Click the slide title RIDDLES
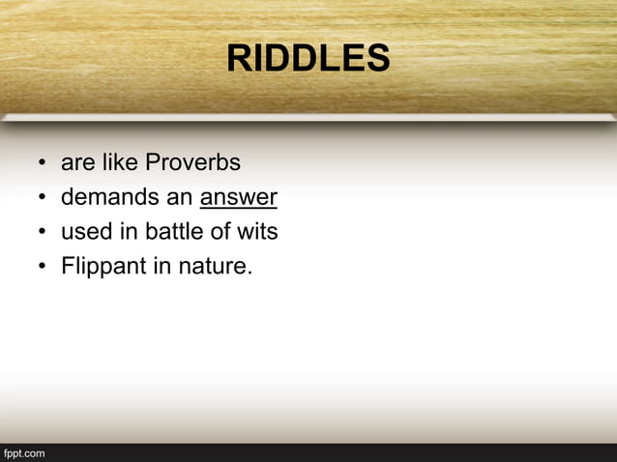[308, 60]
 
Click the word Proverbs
[192, 162]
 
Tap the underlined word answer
[239, 197]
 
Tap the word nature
[215, 267]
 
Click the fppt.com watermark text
[24, 452]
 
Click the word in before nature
[162, 267]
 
